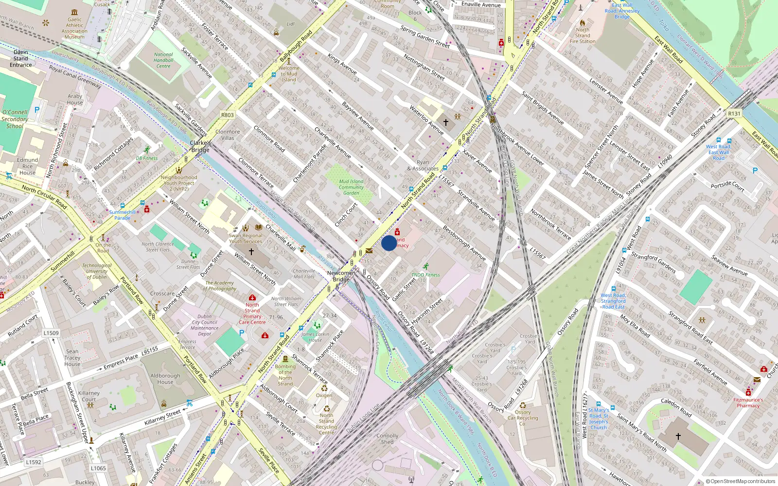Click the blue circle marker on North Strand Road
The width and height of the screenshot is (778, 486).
(389, 243)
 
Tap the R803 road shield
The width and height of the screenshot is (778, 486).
(227, 115)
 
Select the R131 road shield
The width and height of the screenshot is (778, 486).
(734, 114)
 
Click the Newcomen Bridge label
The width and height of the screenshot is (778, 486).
(341, 276)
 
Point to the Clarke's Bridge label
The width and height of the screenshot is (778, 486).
(200, 146)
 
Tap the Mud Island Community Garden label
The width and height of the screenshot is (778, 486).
(351, 187)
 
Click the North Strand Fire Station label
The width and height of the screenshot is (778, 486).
(583, 35)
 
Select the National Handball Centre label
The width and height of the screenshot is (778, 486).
(163, 61)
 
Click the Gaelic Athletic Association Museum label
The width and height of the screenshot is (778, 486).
(74, 28)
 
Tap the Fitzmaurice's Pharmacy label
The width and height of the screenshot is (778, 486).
(748, 403)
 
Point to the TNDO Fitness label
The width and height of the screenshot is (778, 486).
(425, 275)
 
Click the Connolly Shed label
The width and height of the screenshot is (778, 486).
(387, 439)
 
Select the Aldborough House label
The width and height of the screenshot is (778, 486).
(165, 379)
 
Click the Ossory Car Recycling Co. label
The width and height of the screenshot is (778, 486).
(523, 418)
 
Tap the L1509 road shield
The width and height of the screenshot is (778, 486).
(51, 333)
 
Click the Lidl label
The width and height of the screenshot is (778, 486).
(291, 24)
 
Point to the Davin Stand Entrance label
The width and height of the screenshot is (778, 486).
(21, 58)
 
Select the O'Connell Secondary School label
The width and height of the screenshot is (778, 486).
(15, 119)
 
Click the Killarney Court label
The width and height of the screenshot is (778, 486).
(89, 396)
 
